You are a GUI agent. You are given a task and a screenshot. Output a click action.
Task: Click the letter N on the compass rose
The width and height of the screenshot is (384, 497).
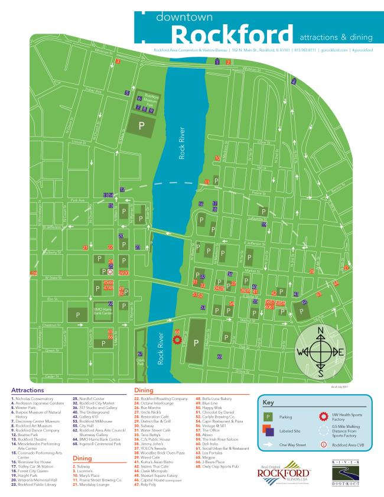click(320, 330)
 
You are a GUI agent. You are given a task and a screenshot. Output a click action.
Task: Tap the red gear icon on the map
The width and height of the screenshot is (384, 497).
click(176, 340)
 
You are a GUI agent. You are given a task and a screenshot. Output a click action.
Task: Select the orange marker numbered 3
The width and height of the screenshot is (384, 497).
click(118, 61)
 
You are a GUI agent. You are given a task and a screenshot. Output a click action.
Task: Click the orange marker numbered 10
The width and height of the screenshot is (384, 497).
click(217, 158)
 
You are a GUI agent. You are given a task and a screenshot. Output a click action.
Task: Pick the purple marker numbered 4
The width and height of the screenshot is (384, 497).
click(294, 81)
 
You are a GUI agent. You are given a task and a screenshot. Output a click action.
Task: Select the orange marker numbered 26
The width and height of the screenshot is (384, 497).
click(311, 271)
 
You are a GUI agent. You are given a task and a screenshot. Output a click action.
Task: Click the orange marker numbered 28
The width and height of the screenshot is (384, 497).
click(34, 273)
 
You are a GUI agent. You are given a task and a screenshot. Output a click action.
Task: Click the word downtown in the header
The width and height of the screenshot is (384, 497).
click(184, 17)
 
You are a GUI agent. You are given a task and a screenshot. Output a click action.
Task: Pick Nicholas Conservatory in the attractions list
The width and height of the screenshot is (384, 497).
click(35, 399)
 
